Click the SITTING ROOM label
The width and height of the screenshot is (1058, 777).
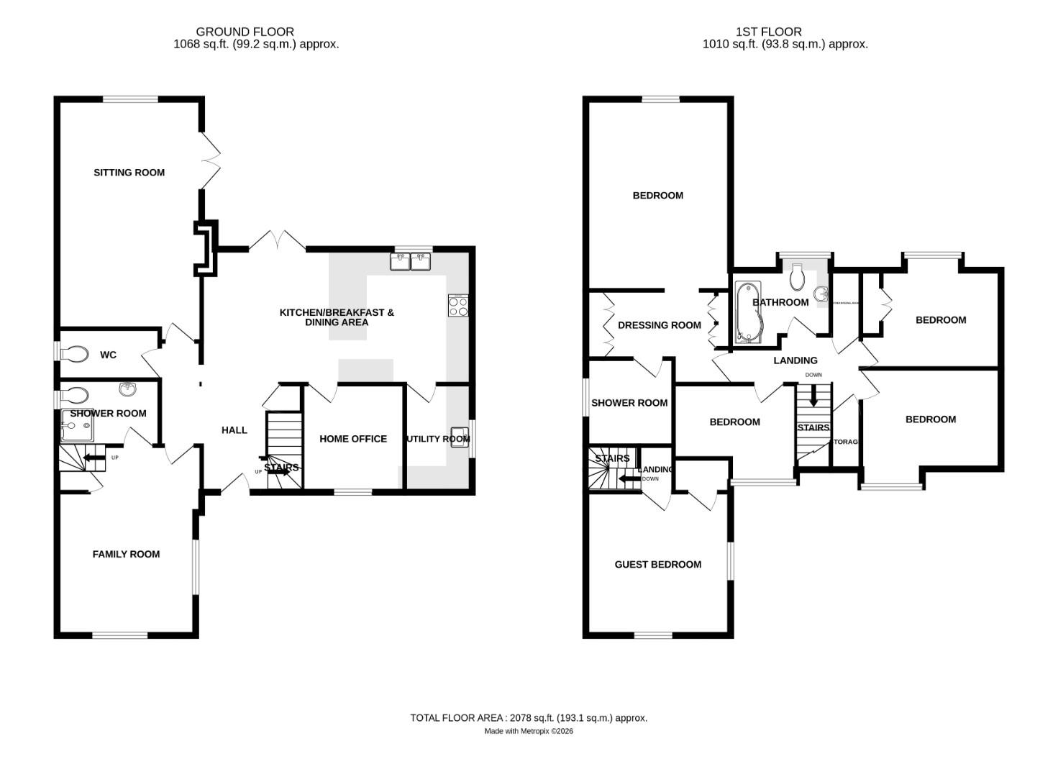pyautogui.click(x=129, y=173)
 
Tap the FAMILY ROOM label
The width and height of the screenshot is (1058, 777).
pyautogui.click(x=126, y=554)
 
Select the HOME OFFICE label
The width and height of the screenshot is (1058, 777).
pyautogui.click(x=353, y=439)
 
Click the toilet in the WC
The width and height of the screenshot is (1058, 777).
pyautogui.click(x=75, y=354)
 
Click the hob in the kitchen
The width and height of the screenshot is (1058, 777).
pyautogui.click(x=458, y=306)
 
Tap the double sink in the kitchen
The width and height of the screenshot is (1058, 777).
pyautogui.click(x=411, y=262)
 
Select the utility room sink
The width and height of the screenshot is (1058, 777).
pyautogui.click(x=460, y=437)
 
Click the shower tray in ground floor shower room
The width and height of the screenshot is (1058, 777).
pyautogui.click(x=76, y=429)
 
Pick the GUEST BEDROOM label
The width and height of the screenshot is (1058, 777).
pyautogui.click(x=657, y=565)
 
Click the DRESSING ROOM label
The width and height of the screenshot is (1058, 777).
pyautogui.click(x=659, y=325)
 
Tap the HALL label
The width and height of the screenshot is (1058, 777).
pyautogui.click(x=234, y=430)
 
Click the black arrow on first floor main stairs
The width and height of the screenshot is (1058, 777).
pyautogui.click(x=813, y=396)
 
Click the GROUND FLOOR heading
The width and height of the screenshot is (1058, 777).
pyautogui.click(x=245, y=32)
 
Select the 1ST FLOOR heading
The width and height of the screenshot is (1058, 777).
pyautogui.click(x=768, y=32)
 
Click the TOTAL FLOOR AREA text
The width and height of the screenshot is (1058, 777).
pyautogui.click(x=529, y=717)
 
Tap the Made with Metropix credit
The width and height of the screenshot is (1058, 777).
pyautogui.click(x=529, y=731)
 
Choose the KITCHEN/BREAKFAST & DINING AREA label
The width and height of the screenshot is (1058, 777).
pyautogui.click(x=337, y=317)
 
